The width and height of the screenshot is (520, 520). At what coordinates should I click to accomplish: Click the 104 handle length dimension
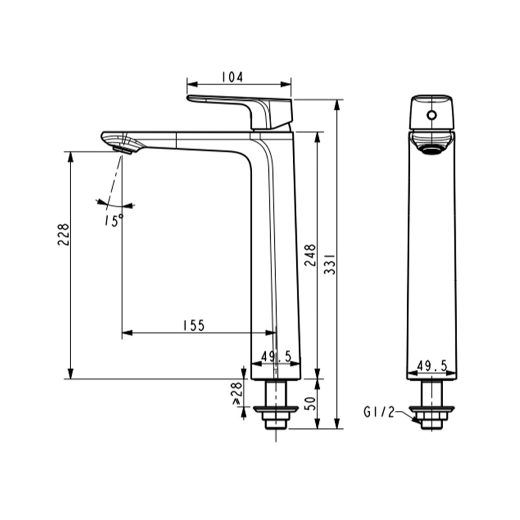point(232,77)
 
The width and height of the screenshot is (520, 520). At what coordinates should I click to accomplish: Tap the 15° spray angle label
point(114,220)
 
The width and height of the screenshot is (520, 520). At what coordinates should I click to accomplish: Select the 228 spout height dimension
point(63,235)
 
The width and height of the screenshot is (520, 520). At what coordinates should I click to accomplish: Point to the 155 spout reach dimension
point(194,326)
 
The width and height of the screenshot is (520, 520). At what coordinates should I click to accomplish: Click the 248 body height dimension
point(310,255)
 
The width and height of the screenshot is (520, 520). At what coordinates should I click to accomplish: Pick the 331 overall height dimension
point(330,264)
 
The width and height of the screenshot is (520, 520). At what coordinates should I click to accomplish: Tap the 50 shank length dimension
point(310,404)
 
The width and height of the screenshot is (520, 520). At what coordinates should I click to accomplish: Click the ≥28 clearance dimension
point(238,393)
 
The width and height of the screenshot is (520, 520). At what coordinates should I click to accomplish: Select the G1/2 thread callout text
point(380,412)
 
